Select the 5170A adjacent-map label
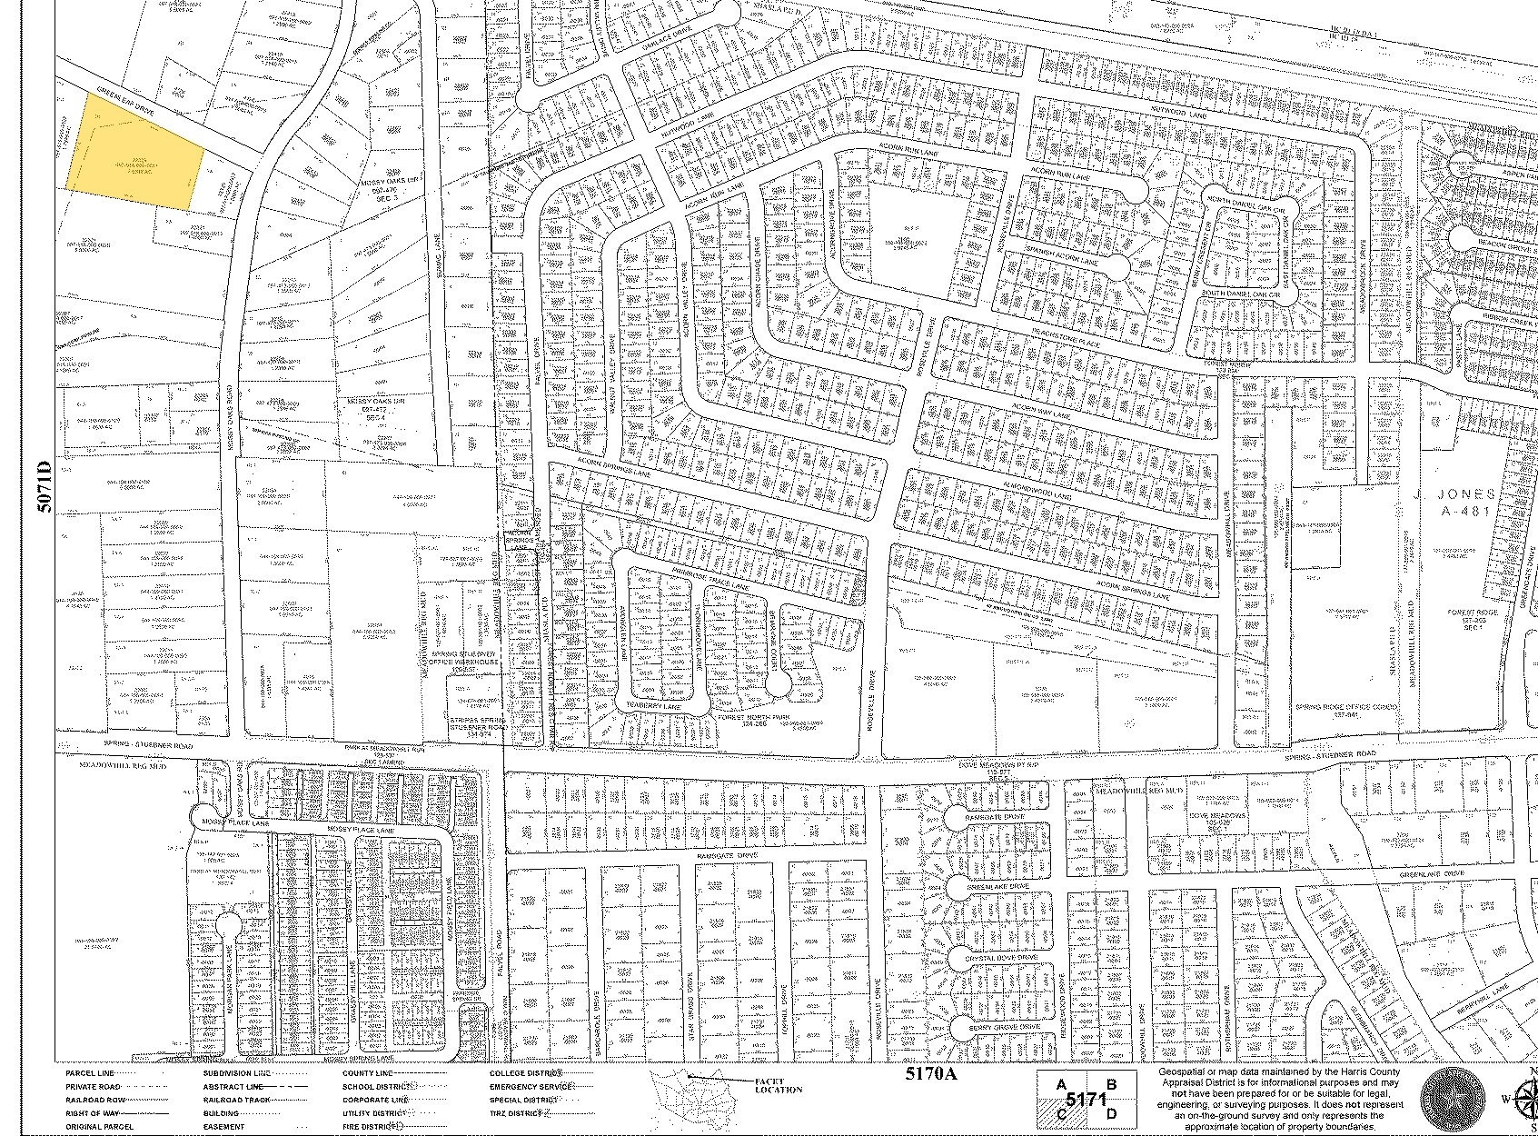931,1073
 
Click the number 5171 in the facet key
1086,1100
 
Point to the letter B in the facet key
1109,1084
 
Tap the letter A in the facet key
1060,1084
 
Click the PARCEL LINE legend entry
88,1073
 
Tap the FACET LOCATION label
779,1084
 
